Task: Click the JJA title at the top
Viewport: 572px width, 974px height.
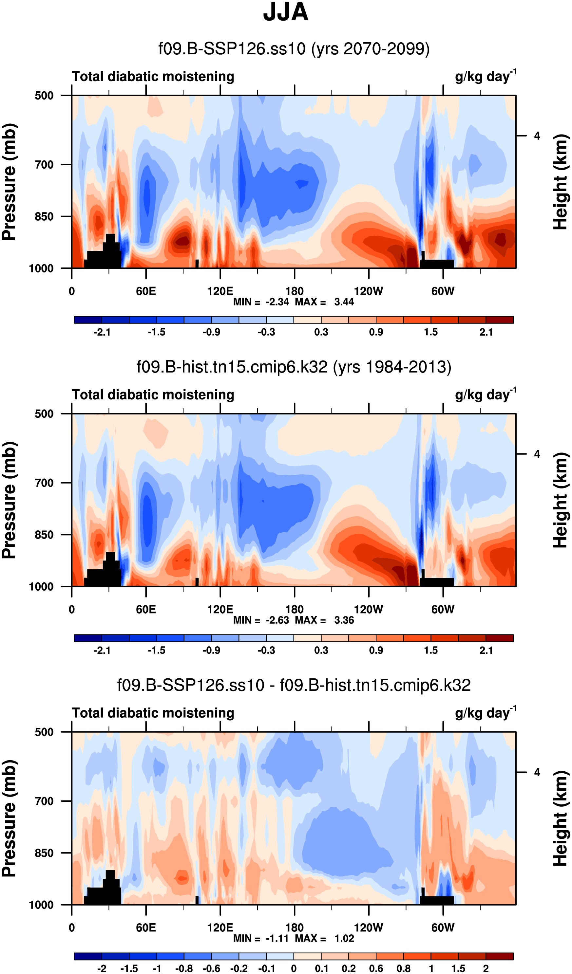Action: tap(285, 12)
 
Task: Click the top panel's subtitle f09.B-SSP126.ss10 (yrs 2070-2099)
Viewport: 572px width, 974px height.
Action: tap(294, 49)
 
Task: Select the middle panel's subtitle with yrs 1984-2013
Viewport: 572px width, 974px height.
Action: tap(294, 366)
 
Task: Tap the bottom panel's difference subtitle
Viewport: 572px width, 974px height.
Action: tap(294, 685)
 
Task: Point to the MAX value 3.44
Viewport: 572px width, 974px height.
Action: tap(344, 302)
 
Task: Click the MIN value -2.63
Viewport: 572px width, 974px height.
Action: tap(277, 620)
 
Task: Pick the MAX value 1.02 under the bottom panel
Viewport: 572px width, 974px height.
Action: tap(344, 938)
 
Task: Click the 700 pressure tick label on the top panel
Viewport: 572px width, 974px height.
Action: tap(44, 165)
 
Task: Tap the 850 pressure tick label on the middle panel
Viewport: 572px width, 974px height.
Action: tap(44, 535)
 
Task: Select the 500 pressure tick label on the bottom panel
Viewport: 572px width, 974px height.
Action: tap(44, 732)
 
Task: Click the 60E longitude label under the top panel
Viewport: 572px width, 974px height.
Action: tap(146, 291)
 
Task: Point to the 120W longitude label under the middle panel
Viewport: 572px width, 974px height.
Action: tap(368, 610)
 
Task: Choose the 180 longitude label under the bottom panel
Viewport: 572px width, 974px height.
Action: tap(294, 928)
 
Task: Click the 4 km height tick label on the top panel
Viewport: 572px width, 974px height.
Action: tap(537, 136)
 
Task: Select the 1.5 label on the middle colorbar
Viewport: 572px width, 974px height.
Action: tap(431, 650)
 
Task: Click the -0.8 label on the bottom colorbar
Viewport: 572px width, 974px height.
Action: tap(184, 968)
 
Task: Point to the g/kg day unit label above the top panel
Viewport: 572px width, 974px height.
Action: tap(486, 76)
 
